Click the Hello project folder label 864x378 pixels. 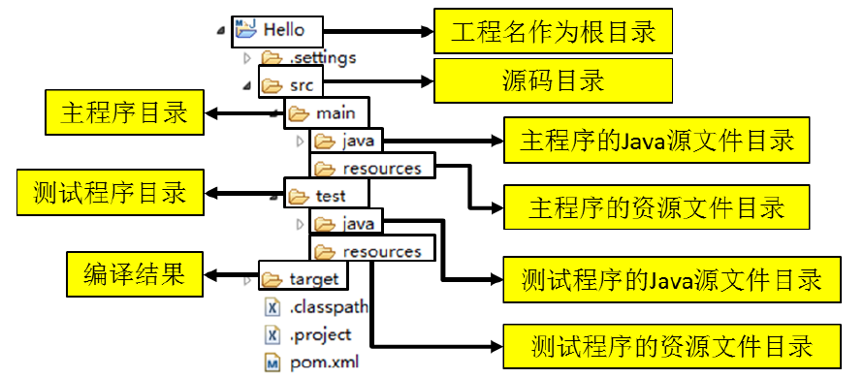point(283,30)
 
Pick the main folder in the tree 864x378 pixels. point(335,112)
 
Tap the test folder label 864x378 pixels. point(330,196)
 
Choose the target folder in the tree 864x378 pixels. point(313,279)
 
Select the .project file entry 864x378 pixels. point(320,335)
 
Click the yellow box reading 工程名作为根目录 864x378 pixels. point(553,32)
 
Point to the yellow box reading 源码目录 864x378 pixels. point(553,80)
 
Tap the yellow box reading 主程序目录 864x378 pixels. point(124,114)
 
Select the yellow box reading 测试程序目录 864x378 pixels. point(109,192)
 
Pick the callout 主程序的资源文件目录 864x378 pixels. point(657,207)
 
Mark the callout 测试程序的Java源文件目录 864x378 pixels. point(672,279)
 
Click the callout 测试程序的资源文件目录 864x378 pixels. point(672,345)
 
